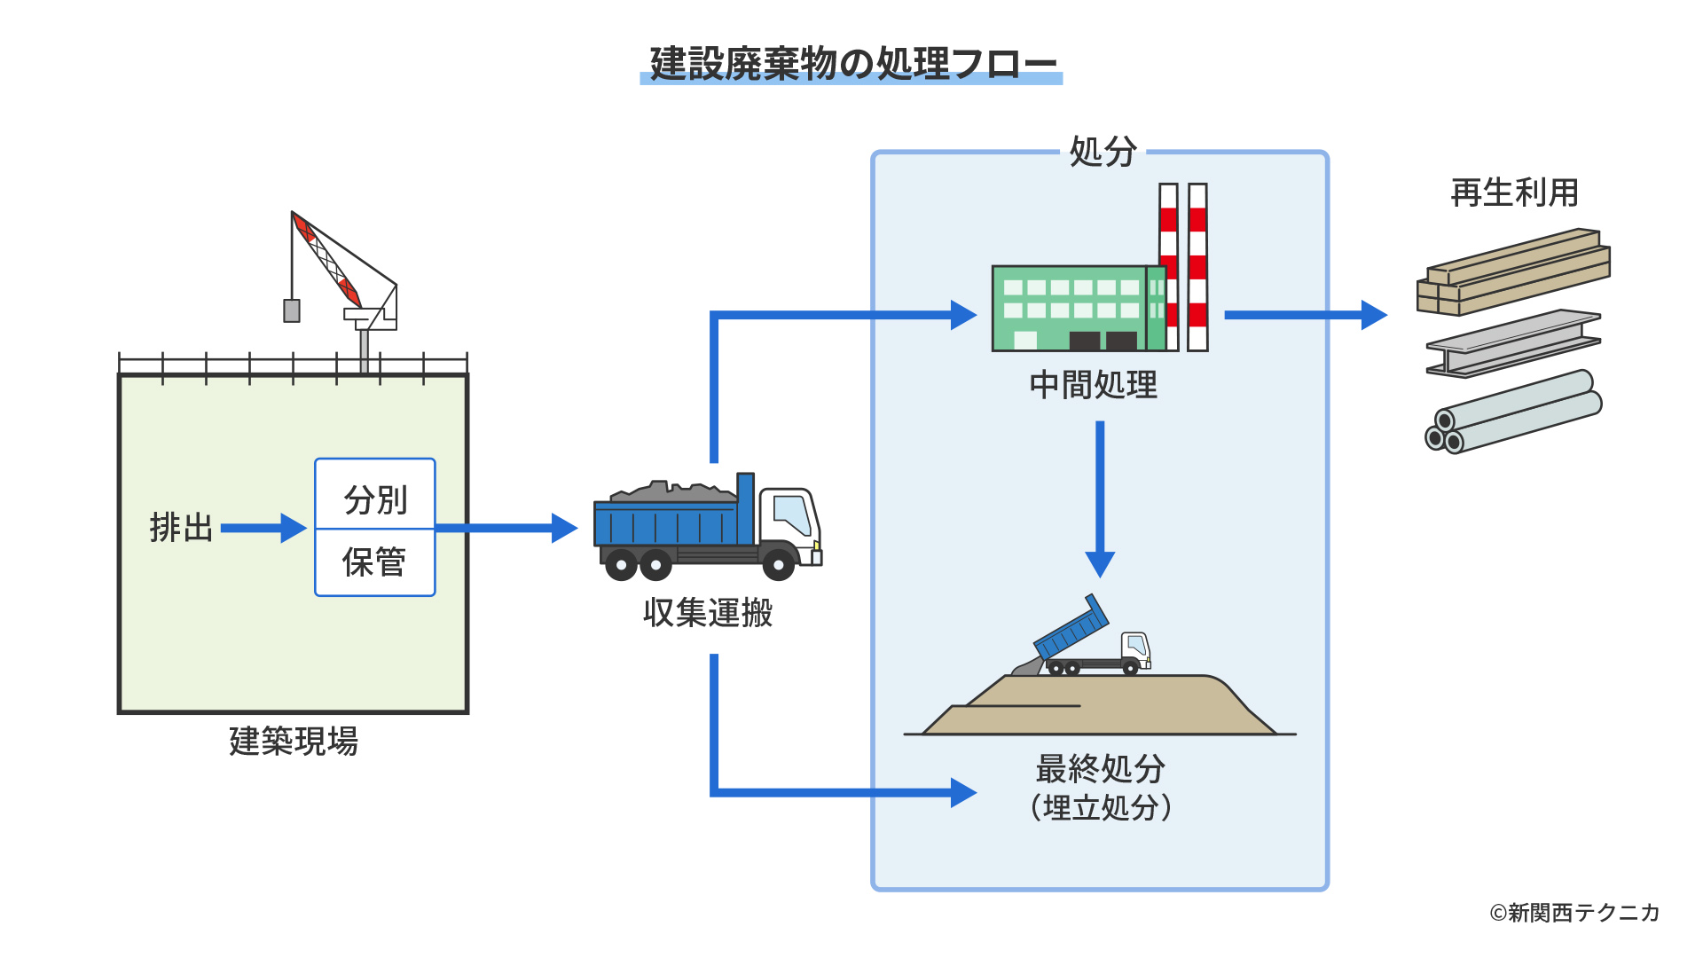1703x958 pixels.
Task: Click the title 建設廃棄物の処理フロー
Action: (851, 64)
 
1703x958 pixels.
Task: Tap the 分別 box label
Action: (375, 499)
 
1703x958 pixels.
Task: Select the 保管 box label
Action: (375, 562)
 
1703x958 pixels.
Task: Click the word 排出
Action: (181, 528)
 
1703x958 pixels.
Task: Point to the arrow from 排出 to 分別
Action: (263, 528)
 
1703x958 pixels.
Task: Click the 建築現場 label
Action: (294, 741)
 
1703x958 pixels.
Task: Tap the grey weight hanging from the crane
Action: (291, 310)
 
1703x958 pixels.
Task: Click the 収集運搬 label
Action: (708, 613)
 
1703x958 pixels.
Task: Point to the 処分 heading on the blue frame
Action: (1103, 152)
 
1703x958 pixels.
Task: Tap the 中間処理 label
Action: (1094, 385)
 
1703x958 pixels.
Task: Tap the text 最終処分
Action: (1100, 768)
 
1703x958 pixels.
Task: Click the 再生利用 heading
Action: (1514, 192)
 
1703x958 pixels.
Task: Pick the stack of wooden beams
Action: (1513, 272)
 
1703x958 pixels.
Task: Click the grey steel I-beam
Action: (1513, 343)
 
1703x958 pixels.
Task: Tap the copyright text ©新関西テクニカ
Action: (1574, 912)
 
